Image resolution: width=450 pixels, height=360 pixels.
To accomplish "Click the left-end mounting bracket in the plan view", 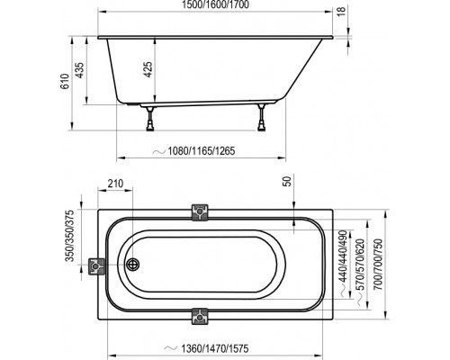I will coord(96,266).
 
